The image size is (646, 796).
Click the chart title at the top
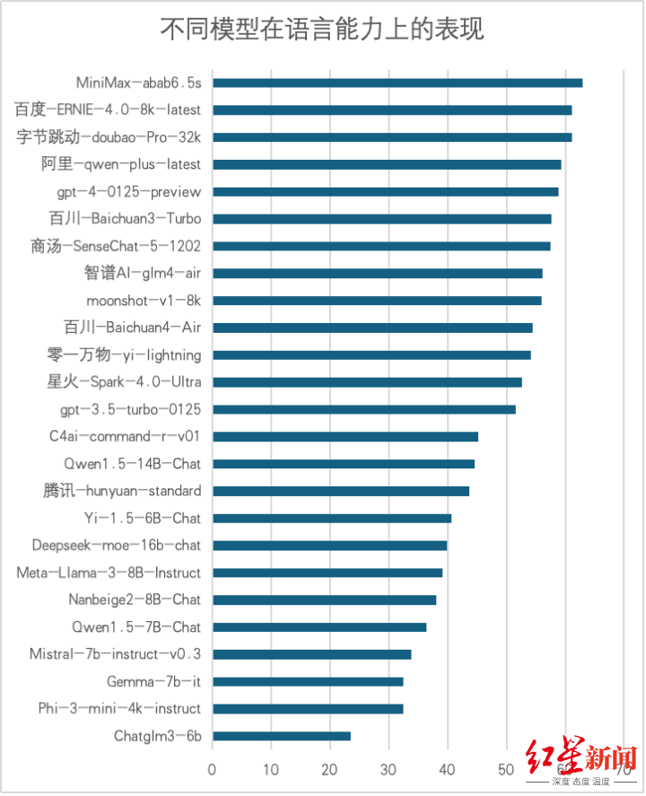pyautogui.click(x=322, y=29)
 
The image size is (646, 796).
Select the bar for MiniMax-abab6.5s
pyautogui.click(x=397, y=83)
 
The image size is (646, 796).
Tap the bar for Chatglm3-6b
pyautogui.click(x=282, y=736)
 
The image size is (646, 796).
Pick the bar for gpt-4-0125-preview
pyautogui.click(x=385, y=191)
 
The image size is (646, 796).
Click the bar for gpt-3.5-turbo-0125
pyautogui.click(x=364, y=409)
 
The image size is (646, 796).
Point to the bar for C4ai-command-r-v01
pyautogui.click(x=345, y=436)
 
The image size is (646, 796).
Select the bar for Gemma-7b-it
pyautogui.click(x=308, y=681)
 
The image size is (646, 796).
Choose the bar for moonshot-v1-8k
pyautogui.click(x=377, y=301)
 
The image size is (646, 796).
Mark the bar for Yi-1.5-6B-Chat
pyautogui.click(x=332, y=518)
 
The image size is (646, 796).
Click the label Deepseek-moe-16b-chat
pyautogui.click(x=117, y=546)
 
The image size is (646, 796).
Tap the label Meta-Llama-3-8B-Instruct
pyautogui.click(x=109, y=573)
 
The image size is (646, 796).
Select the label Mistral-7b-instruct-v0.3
pyautogui.click(x=115, y=654)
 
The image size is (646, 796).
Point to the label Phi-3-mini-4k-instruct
pyautogui.click(x=119, y=709)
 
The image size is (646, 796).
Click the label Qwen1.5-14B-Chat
pyautogui.click(x=132, y=464)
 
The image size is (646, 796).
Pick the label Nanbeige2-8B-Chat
pyautogui.click(x=135, y=599)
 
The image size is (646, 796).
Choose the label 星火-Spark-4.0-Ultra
pyautogui.click(x=124, y=382)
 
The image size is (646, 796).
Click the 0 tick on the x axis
pyautogui.click(x=213, y=769)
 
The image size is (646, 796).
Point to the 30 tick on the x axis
pyautogui.click(x=388, y=769)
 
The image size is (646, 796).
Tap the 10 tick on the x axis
pyautogui.click(x=271, y=769)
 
